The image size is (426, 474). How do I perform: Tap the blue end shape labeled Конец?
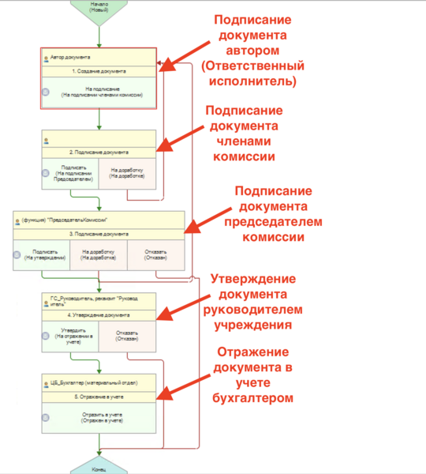[x=99, y=467]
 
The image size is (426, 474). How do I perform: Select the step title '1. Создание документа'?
[x=99, y=71]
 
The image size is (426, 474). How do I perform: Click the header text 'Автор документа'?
[x=72, y=58]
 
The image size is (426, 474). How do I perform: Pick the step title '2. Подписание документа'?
[x=99, y=152]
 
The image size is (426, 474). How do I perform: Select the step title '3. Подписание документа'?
[x=99, y=234]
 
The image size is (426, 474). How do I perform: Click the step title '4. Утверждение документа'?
[x=99, y=314]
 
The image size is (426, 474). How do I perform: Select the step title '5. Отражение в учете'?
[x=99, y=395]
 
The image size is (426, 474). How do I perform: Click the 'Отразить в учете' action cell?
[x=99, y=418]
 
